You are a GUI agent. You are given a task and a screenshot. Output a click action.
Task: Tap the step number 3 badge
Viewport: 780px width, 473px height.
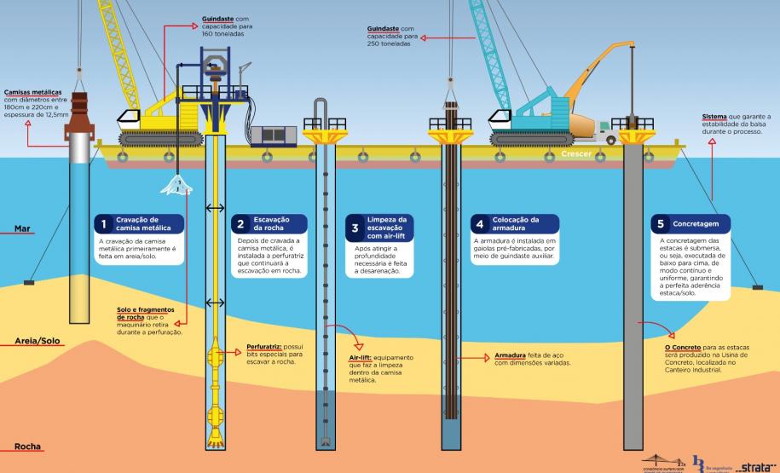point(355,228)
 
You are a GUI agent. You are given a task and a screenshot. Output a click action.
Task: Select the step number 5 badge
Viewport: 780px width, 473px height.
point(660,224)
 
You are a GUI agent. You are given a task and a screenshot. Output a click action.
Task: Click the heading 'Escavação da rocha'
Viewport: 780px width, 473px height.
point(269,224)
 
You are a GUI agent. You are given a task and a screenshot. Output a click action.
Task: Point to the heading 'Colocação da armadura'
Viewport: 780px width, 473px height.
point(514,224)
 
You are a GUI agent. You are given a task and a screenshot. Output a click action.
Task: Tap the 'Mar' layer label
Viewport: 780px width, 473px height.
point(23,228)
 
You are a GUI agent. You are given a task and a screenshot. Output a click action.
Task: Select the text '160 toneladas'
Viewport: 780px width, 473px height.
point(224,37)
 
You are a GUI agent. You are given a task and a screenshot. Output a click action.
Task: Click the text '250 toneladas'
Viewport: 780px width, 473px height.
point(389,43)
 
